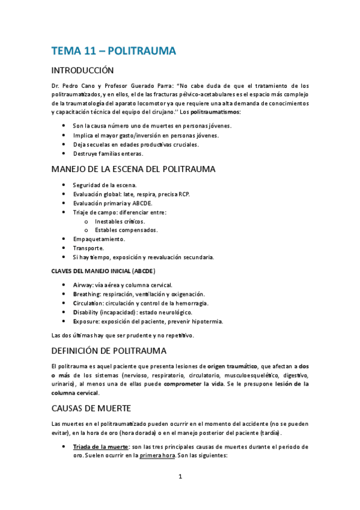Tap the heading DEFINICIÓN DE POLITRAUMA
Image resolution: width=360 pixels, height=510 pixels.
(x=113, y=350)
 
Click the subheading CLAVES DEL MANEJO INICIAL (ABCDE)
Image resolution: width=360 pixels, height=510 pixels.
(x=103, y=271)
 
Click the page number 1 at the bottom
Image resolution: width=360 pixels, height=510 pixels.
(x=180, y=477)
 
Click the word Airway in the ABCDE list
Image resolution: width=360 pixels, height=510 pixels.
(x=83, y=284)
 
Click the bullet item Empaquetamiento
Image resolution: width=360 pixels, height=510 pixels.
(x=99, y=239)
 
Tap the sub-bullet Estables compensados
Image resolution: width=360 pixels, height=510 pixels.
(x=126, y=230)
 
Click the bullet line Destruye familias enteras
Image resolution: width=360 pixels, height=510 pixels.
(x=108, y=153)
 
